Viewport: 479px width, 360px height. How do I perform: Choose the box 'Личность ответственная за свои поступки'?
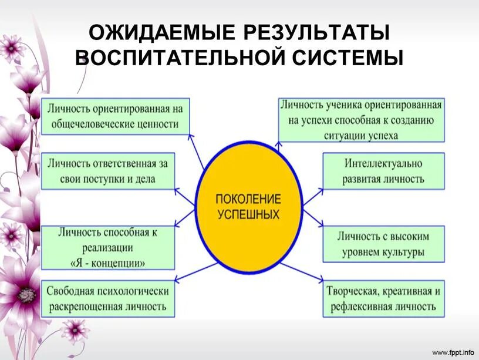(108, 171)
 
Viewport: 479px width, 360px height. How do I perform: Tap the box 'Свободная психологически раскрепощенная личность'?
(108, 298)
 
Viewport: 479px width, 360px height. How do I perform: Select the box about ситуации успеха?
(360, 120)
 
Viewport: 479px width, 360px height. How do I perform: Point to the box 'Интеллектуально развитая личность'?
(383, 171)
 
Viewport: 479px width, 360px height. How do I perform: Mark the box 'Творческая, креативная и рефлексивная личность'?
(383, 299)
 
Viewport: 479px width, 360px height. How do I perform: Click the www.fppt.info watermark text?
(453, 352)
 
